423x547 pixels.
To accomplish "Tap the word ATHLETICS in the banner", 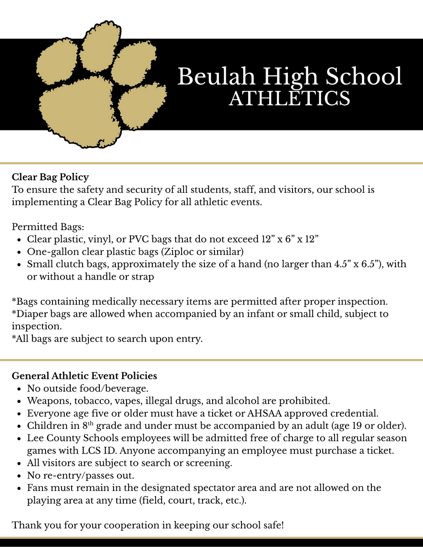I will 289,98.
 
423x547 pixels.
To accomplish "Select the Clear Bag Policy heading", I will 50,177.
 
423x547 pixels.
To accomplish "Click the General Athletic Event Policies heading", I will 84,376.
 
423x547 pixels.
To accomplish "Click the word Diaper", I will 28,314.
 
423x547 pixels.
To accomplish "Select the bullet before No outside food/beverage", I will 18,389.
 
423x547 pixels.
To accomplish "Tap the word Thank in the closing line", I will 26,525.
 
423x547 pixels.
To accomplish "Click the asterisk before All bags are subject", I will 14,339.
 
